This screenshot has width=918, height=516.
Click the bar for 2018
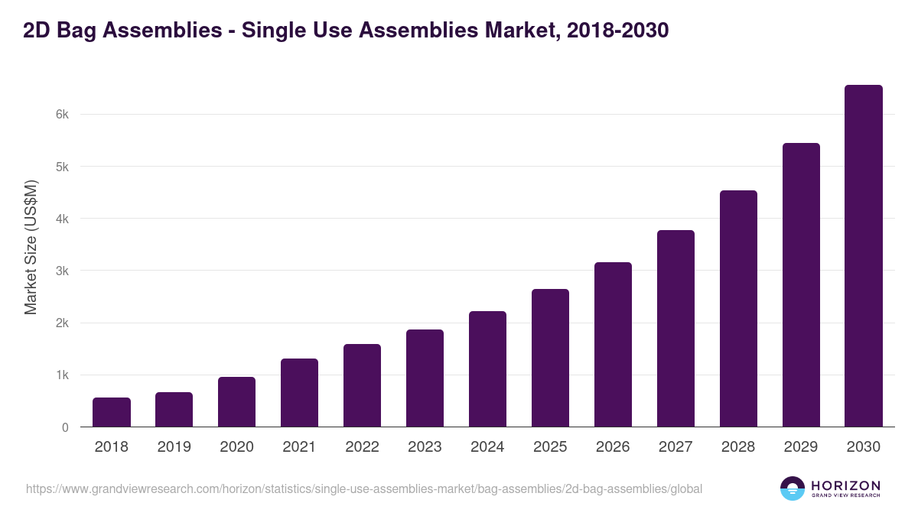click(x=112, y=412)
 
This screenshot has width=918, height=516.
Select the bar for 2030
click(x=864, y=256)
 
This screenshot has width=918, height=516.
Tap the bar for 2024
click(x=487, y=369)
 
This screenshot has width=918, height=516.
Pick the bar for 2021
click(x=299, y=393)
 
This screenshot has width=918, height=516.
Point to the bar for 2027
click(x=675, y=329)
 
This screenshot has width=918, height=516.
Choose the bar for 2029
click(x=801, y=285)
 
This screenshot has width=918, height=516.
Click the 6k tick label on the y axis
click(x=62, y=115)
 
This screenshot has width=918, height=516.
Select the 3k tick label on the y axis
click(x=62, y=271)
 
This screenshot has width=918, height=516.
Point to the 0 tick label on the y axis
click(x=65, y=428)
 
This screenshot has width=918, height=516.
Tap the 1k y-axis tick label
click(x=62, y=375)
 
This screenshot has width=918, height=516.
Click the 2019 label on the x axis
click(x=174, y=447)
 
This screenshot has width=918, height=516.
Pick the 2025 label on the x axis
click(x=550, y=447)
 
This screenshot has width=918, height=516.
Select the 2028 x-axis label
click(x=738, y=447)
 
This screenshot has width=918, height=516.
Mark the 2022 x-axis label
click(x=362, y=447)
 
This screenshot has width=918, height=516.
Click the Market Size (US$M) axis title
click(x=31, y=247)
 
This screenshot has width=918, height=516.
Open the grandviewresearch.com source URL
click(x=364, y=488)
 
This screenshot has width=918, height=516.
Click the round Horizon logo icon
click(x=793, y=488)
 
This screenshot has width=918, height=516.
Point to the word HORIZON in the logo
click(x=846, y=485)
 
